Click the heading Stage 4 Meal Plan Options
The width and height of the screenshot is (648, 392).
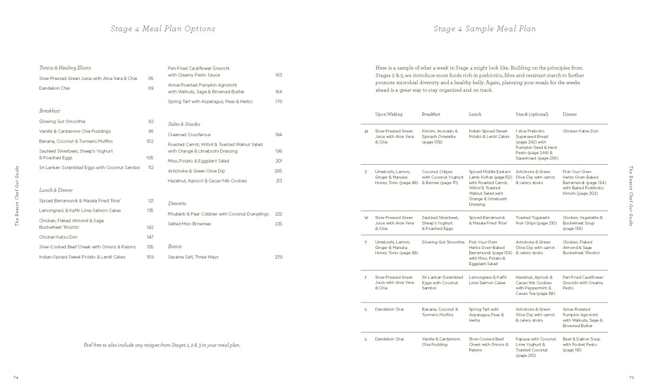(x=163, y=29)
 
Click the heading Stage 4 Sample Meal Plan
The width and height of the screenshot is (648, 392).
(x=484, y=29)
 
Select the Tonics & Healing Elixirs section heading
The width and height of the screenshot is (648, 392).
(x=65, y=68)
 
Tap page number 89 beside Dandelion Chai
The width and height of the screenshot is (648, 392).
(x=151, y=88)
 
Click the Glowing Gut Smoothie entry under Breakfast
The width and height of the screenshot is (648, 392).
(x=62, y=121)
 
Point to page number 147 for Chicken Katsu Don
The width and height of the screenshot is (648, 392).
(x=150, y=237)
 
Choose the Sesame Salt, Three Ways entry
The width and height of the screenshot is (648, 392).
(x=193, y=257)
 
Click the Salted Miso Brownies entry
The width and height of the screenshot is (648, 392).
(x=190, y=224)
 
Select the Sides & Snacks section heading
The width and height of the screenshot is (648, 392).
(x=184, y=124)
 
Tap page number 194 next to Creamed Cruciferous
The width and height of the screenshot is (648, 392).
(x=279, y=134)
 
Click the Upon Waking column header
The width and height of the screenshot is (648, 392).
(x=389, y=114)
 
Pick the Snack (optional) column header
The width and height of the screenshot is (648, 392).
(x=532, y=114)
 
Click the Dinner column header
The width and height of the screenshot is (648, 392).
(x=570, y=114)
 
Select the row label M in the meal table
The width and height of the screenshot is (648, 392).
(x=366, y=131)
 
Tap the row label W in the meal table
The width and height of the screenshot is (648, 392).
(x=366, y=218)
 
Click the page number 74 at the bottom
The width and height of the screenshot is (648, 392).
(x=16, y=377)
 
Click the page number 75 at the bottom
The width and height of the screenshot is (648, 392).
(x=631, y=377)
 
